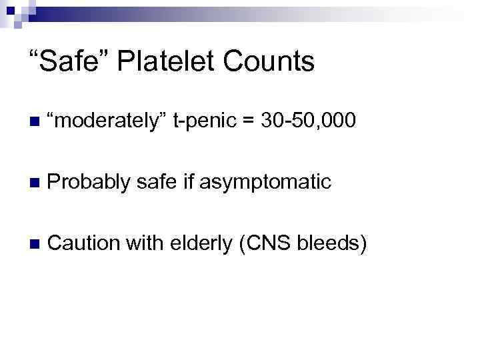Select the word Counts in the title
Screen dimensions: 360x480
pyautogui.click(x=269, y=62)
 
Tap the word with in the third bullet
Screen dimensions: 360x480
pyautogui.click(x=140, y=243)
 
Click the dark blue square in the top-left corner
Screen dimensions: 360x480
pyautogui.click(x=6, y=6)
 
